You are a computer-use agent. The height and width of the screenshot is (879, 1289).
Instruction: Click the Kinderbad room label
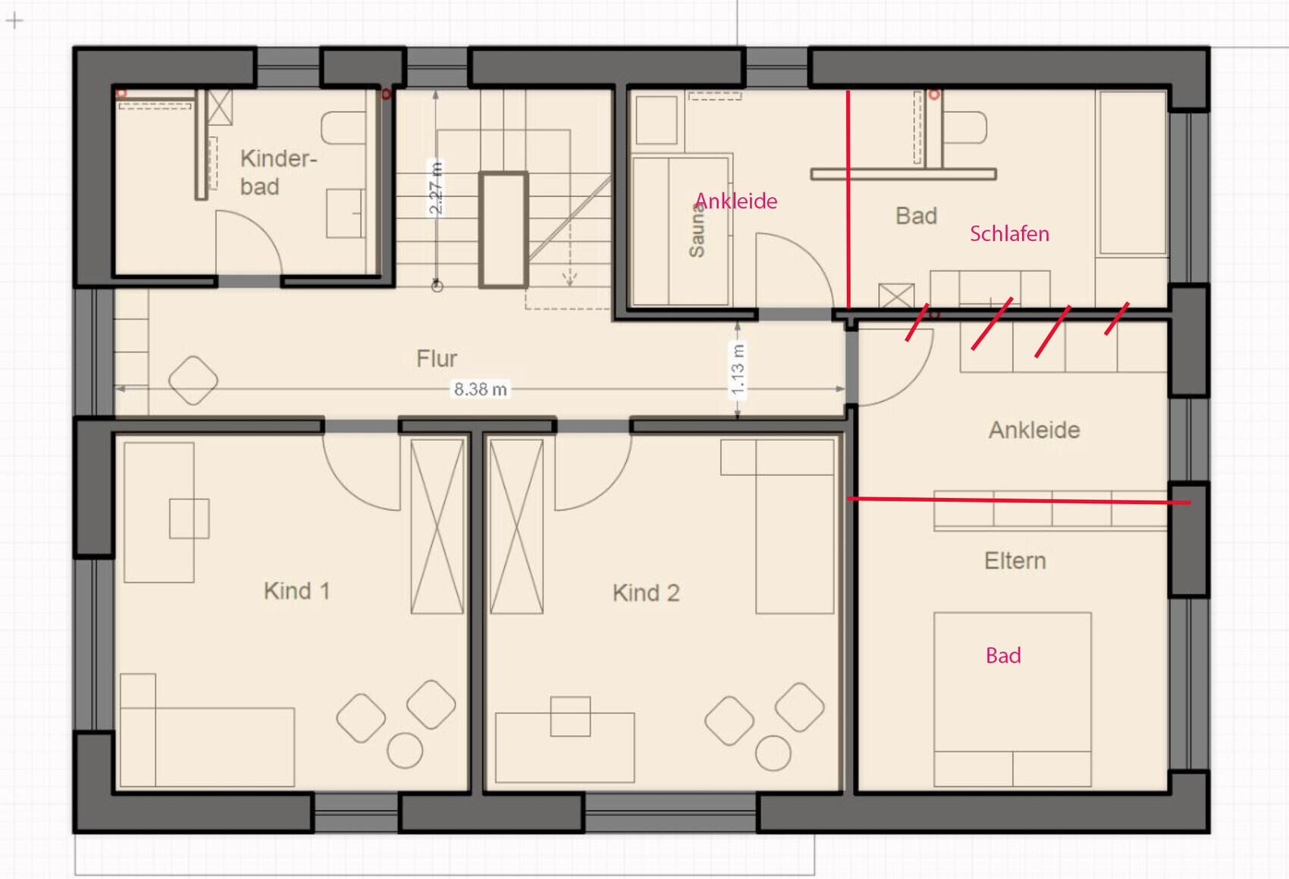(x=278, y=173)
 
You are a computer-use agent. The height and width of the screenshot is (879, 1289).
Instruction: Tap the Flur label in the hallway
(x=437, y=358)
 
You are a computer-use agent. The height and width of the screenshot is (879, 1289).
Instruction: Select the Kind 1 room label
(x=297, y=591)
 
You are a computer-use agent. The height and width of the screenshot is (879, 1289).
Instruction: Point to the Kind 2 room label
(x=646, y=593)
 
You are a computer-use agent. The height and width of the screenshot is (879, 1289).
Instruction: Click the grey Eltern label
(x=1015, y=560)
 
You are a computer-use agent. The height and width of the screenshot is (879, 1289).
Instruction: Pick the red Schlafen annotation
(x=1009, y=233)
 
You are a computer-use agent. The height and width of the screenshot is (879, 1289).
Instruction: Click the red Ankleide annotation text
(x=736, y=201)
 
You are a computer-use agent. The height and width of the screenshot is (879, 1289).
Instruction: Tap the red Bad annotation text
(x=1004, y=655)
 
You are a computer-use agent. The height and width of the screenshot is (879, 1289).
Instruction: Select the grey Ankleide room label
(x=1034, y=430)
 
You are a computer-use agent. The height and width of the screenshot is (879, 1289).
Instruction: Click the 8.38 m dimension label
(x=481, y=389)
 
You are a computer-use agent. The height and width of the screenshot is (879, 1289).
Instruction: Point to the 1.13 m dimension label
(x=737, y=369)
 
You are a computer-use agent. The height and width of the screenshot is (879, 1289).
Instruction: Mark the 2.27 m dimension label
(x=436, y=188)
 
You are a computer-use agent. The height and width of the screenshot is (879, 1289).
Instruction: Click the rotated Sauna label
(x=696, y=230)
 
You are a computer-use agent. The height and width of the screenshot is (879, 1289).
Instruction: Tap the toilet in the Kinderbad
(x=343, y=128)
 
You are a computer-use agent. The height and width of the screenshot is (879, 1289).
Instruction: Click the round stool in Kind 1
(x=405, y=751)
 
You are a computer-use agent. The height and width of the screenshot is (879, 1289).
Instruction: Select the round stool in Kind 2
(x=773, y=753)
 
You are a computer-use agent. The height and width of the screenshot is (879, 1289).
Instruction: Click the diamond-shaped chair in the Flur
(x=193, y=380)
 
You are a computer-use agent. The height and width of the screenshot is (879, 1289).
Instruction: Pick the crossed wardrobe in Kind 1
(x=438, y=527)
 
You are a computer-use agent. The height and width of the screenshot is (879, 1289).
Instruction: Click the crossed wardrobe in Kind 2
(x=516, y=527)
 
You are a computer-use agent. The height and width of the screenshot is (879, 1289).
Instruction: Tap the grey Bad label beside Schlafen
(x=916, y=216)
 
